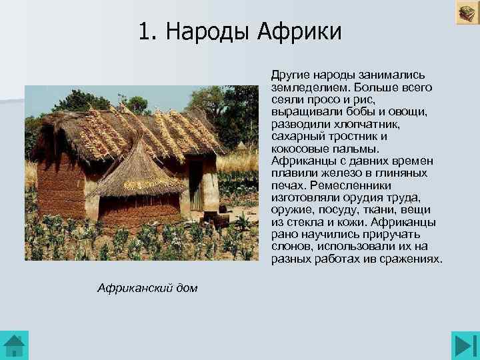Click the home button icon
(15, 344)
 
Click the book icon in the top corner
(466, 13)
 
